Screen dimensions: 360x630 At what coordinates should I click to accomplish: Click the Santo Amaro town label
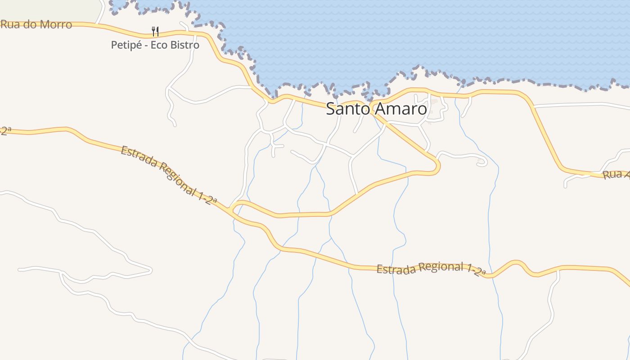point(376,109)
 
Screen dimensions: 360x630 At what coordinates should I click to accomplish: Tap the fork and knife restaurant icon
point(155,31)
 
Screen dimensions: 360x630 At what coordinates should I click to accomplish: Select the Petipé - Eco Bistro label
point(155,45)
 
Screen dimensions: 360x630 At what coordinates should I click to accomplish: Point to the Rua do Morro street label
point(36,24)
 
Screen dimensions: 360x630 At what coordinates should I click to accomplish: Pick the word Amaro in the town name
point(399,109)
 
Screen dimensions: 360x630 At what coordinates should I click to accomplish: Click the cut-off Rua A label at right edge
point(616,175)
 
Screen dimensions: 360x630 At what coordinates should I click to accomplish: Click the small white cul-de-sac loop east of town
point(482,162)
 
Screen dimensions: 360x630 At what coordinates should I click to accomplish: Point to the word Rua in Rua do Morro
point(10,24)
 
